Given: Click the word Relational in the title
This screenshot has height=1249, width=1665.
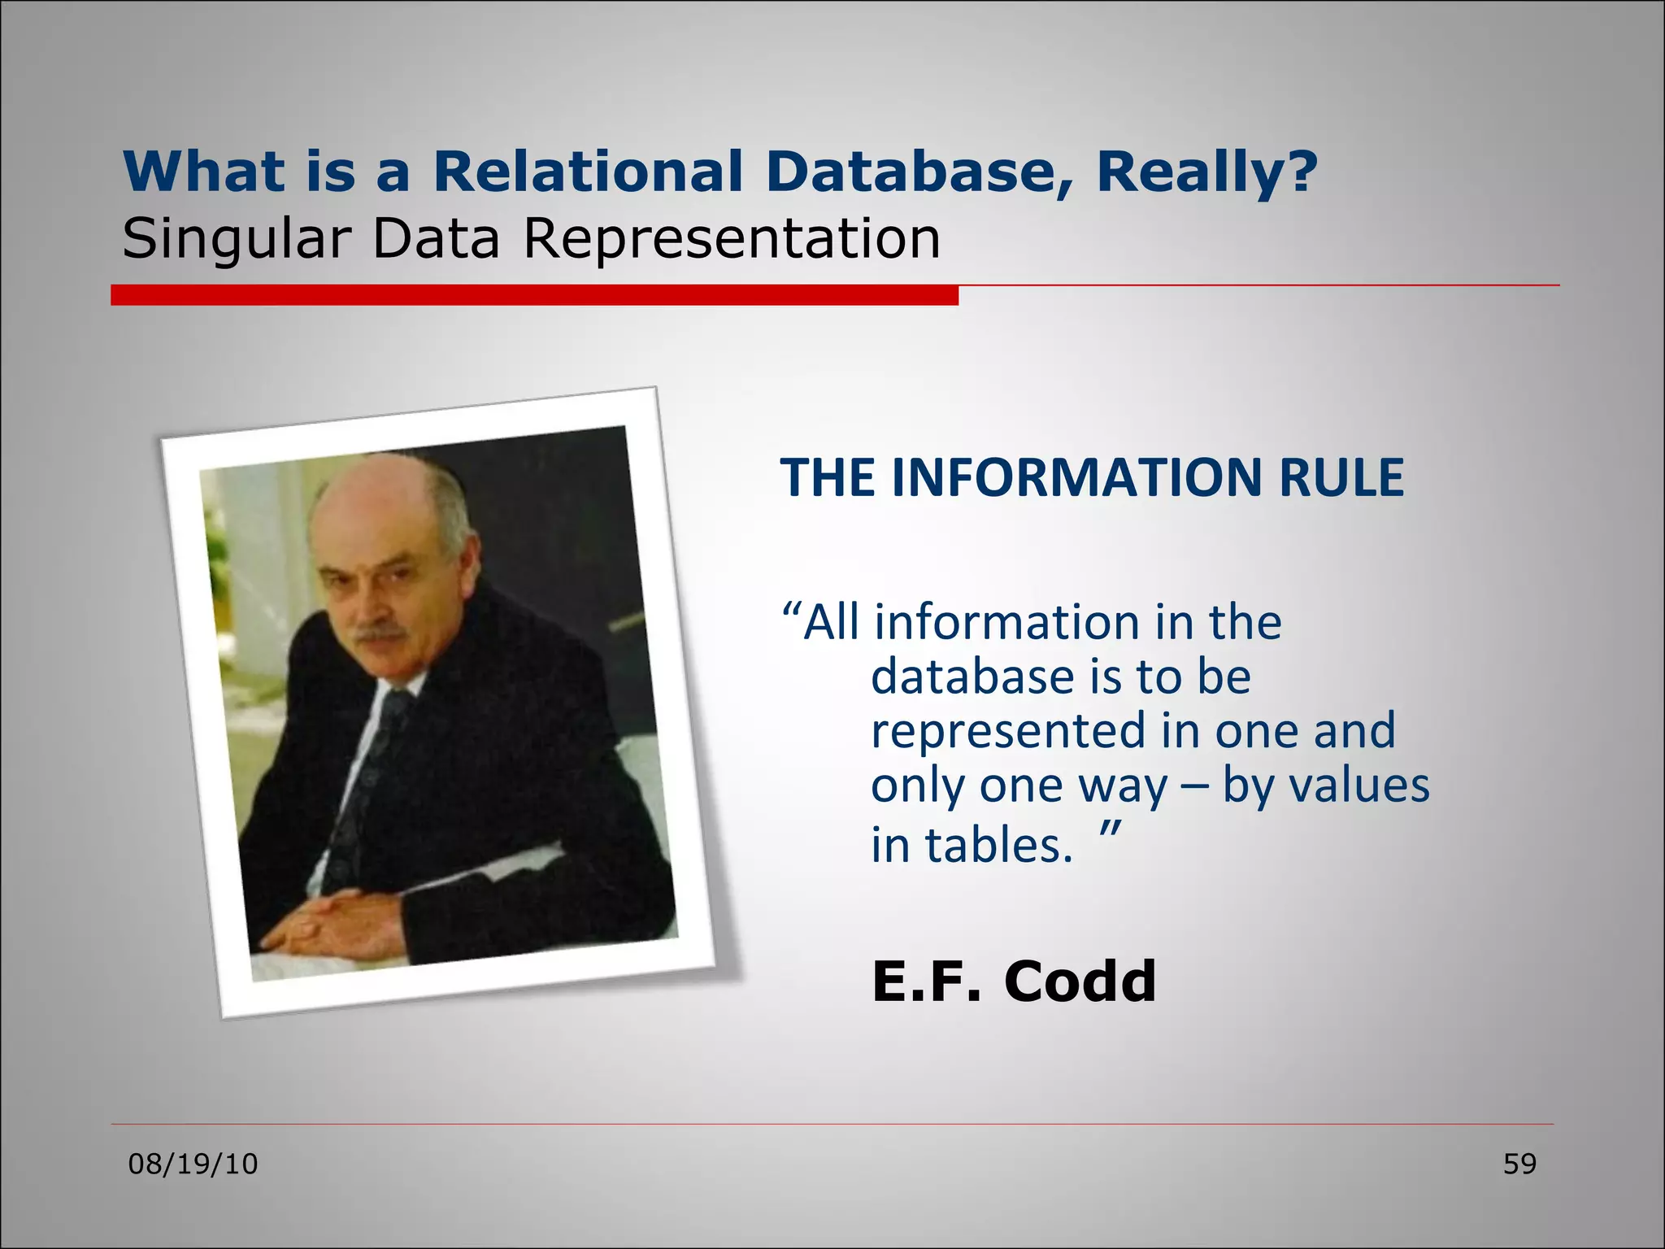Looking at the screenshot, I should click(587, 172).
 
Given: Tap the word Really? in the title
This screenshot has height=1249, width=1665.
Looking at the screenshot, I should click(1206, 172).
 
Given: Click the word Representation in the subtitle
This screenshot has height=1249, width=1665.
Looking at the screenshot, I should click(730, 240).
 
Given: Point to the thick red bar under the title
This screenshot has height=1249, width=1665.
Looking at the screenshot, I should click(534, 296).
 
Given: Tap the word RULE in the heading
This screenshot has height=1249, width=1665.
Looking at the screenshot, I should click(1341, 477).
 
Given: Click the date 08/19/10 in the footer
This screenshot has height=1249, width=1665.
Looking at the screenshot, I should click(193, 1164).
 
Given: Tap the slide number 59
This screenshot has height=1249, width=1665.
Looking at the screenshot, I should click(1519, 1164).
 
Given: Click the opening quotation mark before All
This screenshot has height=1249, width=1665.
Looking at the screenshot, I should click(791, 611).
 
